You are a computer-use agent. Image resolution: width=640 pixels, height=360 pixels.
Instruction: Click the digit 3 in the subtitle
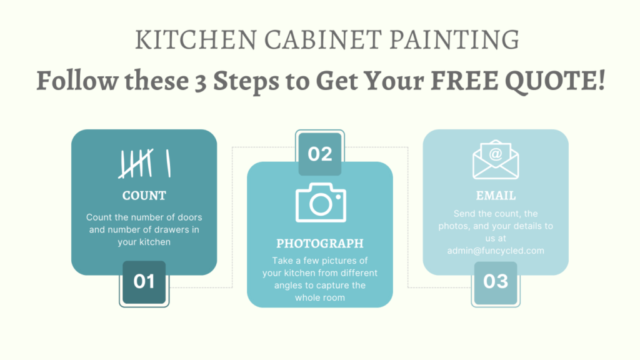pos(201,82)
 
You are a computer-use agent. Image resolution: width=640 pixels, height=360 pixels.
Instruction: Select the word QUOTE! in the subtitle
pos(555,81)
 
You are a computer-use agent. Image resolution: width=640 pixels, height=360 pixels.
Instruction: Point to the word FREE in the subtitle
pos(464,81)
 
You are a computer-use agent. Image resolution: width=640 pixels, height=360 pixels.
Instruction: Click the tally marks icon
pos(144,163)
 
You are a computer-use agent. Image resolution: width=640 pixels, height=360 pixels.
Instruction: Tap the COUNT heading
pos(144,196)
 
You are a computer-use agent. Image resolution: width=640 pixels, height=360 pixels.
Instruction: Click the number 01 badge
pos(144,282)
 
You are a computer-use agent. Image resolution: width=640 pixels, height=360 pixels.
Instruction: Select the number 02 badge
pos(320,154)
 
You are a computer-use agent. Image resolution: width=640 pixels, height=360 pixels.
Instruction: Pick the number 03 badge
pos(496,282)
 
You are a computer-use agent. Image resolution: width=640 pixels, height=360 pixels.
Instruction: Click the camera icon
pos(321,202)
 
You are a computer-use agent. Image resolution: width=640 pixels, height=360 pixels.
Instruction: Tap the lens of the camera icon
pos(321,204)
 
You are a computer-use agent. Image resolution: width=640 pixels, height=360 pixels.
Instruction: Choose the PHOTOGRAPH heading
pos(320,243)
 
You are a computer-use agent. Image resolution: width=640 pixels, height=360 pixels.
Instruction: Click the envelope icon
pos(496,159)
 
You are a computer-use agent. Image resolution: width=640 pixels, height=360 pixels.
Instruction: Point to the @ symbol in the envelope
pos(496,154)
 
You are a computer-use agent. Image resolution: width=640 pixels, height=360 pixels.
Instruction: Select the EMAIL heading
pos(496,196)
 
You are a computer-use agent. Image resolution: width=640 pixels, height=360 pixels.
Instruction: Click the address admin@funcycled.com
pos(496,251)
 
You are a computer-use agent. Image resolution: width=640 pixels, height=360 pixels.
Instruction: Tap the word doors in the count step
pos(190,217)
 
